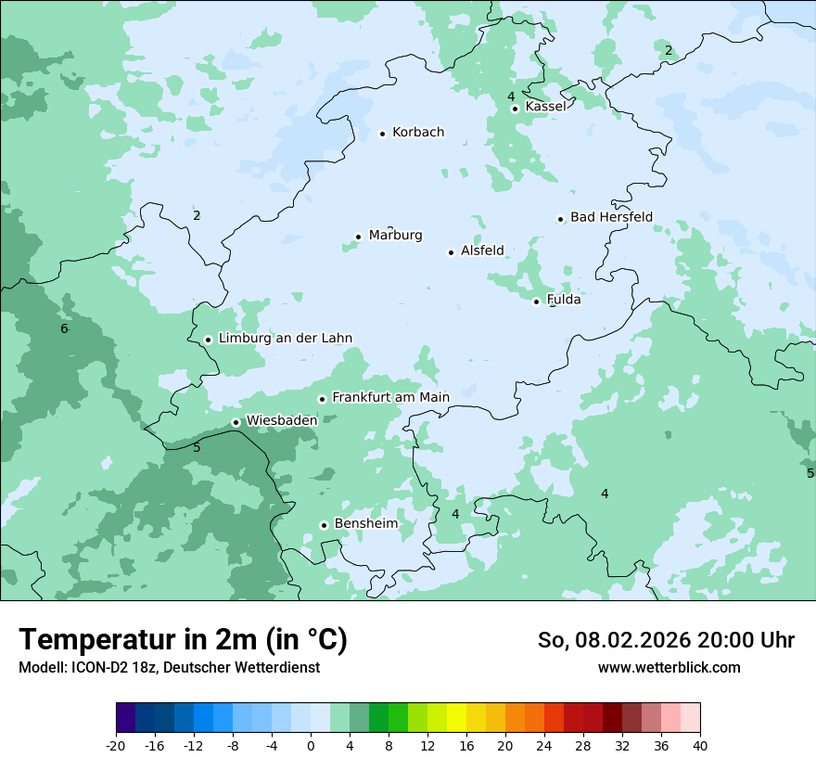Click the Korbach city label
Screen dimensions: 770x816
(x=418, y=133)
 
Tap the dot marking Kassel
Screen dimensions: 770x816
(x=515, y=109)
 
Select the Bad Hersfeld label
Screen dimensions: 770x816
(x=611, y=217)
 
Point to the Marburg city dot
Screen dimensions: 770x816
(x=358, y=237)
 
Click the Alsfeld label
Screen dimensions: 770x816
(x=482, y=250)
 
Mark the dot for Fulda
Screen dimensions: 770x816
(x=536, y=302)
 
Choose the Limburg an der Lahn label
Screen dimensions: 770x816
(x=285, y=339)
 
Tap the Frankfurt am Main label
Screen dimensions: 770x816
(x=390, y=397)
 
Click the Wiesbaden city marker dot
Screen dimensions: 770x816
(x=236, y=422)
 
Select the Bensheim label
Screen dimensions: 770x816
(x=365, y=524)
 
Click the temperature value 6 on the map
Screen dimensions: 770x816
(x=64, y=329)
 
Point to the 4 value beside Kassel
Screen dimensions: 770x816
(x=510, y=96)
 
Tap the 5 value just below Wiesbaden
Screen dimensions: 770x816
(x=197, y=448)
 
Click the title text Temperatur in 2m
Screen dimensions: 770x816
(x=183, y=640)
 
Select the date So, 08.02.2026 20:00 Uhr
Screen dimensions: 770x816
(x=666, y=640)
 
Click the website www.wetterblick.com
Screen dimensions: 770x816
(x=669, y=667)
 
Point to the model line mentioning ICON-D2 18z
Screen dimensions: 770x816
(x=169, y=667)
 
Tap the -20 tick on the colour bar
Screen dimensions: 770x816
(x=116, y=745)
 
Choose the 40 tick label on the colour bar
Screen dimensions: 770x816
(x=700, y=745)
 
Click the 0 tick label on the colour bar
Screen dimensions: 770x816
(x=311, y=745)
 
